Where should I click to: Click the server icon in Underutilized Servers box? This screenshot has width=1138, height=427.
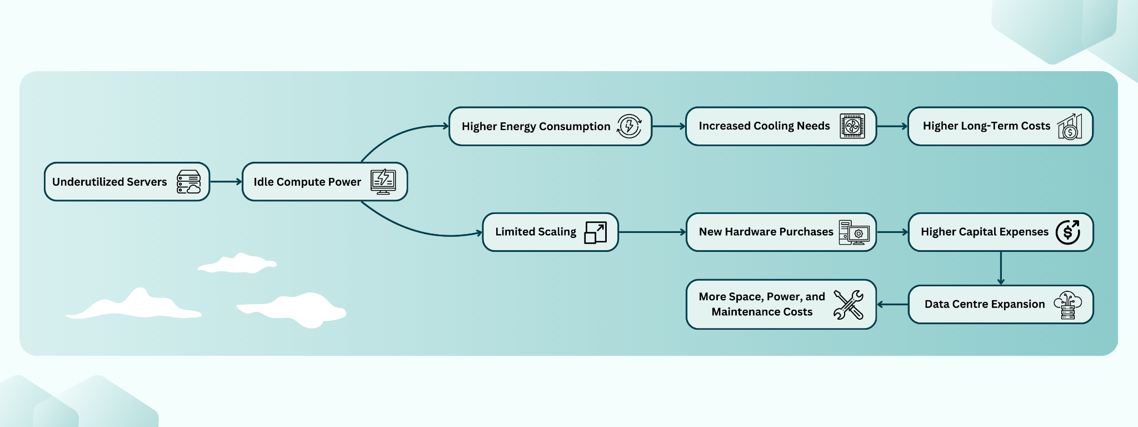[189, 182]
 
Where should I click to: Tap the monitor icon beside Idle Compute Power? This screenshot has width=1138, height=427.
[383, 182]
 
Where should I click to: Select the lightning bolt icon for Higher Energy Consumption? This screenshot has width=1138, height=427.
[629, 126]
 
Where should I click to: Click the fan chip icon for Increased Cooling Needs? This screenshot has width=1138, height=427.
[852, 126]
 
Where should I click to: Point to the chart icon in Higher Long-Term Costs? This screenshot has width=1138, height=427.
[1070, 127]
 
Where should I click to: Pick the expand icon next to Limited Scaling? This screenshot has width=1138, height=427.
[595, 232]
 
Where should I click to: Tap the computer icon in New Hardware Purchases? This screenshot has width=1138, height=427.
[854, 232]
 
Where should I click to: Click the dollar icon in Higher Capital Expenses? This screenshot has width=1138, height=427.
[1067, 232]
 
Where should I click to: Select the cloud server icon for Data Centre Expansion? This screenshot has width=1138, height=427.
[1067, 305]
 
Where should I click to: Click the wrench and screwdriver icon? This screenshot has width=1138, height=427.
[848, 305]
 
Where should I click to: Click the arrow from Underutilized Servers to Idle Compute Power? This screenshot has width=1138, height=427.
[226, 182]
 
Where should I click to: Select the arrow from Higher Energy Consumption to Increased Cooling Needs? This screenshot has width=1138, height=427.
[668, 126]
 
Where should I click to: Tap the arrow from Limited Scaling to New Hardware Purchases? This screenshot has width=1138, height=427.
[652, 232]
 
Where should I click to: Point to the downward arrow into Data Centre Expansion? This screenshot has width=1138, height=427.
[1001, 268]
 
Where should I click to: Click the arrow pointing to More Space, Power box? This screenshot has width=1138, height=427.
[892, 305]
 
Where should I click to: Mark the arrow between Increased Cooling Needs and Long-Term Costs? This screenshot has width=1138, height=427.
[892, 126]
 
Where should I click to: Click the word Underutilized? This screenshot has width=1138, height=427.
[88, 182]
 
